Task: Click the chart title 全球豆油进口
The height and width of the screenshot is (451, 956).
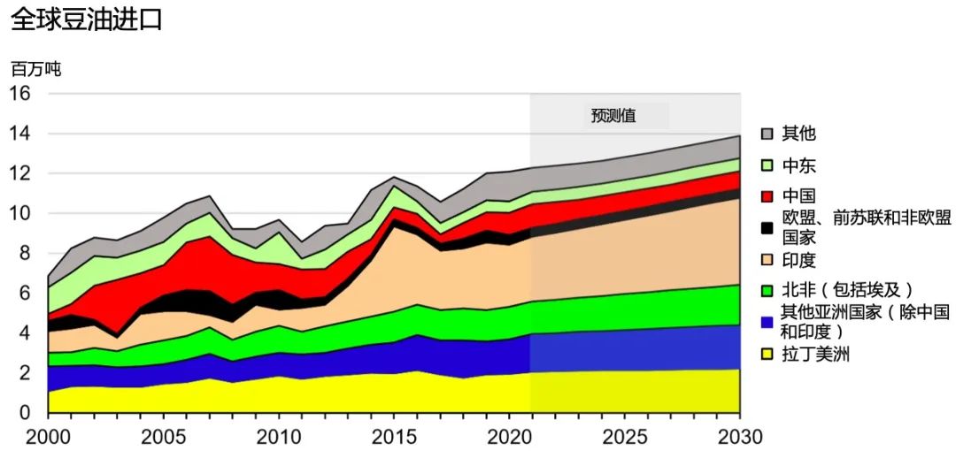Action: (87, 19)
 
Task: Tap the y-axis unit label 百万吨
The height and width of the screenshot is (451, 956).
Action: (35, 68)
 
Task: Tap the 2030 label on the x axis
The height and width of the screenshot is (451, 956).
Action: (739, 436)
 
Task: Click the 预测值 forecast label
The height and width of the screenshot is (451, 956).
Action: (613, 115)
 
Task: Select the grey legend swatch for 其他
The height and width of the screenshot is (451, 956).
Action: (767, 134)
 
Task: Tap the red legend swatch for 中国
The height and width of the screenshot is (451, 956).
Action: (767, 196)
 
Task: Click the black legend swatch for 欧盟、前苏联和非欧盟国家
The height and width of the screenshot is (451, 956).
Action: (767, 228)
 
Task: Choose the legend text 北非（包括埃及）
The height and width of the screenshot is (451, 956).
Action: (846, 289)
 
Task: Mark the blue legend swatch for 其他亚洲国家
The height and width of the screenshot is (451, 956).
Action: (767, 321)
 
